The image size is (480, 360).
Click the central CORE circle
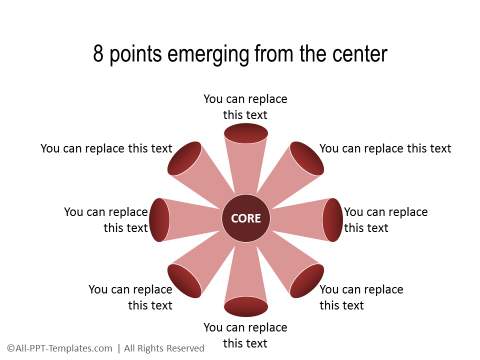click(x=245, y=219)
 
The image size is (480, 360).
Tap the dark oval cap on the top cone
click(x=245, y=133)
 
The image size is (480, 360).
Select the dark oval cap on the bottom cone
click(x=245, y=306)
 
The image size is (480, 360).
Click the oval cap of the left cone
click(x=160, y=220)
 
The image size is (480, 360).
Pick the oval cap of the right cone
click(x=332, y=220)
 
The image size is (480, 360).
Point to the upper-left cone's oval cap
click(x=185, y=159)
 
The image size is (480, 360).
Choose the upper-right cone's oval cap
click(x=306, y=159)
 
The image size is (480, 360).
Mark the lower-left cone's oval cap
click(x=185, y=280)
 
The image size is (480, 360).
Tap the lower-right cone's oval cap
click(x=306, y=280)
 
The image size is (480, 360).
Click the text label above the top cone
click(x=245, y=107)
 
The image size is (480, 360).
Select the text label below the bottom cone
click(x=245, y=335)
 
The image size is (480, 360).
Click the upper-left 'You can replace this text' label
click(x=106, y=149)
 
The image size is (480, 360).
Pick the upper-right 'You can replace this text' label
click(x=385, y=149)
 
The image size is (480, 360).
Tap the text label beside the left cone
click(x=106, y=220)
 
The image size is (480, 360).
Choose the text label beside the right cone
click(x=385, y=220)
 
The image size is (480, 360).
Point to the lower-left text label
click(x=130, y=297)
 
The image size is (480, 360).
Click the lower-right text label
click(x=361, y=297)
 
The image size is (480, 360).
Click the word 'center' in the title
click(x=353, y=53)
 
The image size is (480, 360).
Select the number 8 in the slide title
click(x=99, y=53)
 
